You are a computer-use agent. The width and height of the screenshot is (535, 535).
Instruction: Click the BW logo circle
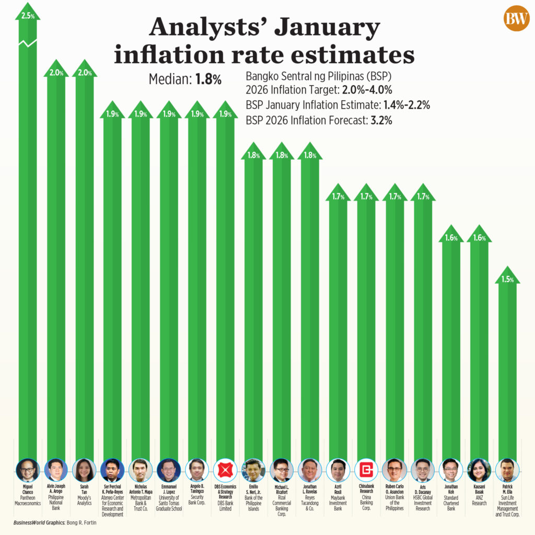[x=516, y=20]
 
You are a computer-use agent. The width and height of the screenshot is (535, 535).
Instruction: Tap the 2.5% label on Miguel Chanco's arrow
[x=28, y=16]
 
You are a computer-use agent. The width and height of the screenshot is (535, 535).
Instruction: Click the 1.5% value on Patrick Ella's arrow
[x=507, y=280]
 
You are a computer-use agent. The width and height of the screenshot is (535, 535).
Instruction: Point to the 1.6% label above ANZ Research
[x=479, y=238]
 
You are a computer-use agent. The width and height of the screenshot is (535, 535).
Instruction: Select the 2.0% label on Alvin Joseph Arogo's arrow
[x=56, y=73]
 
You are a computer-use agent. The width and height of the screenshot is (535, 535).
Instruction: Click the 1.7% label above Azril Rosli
[x=338, y=197]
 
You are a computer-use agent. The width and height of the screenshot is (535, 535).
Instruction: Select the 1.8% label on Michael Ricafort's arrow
[x=282, y=155]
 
